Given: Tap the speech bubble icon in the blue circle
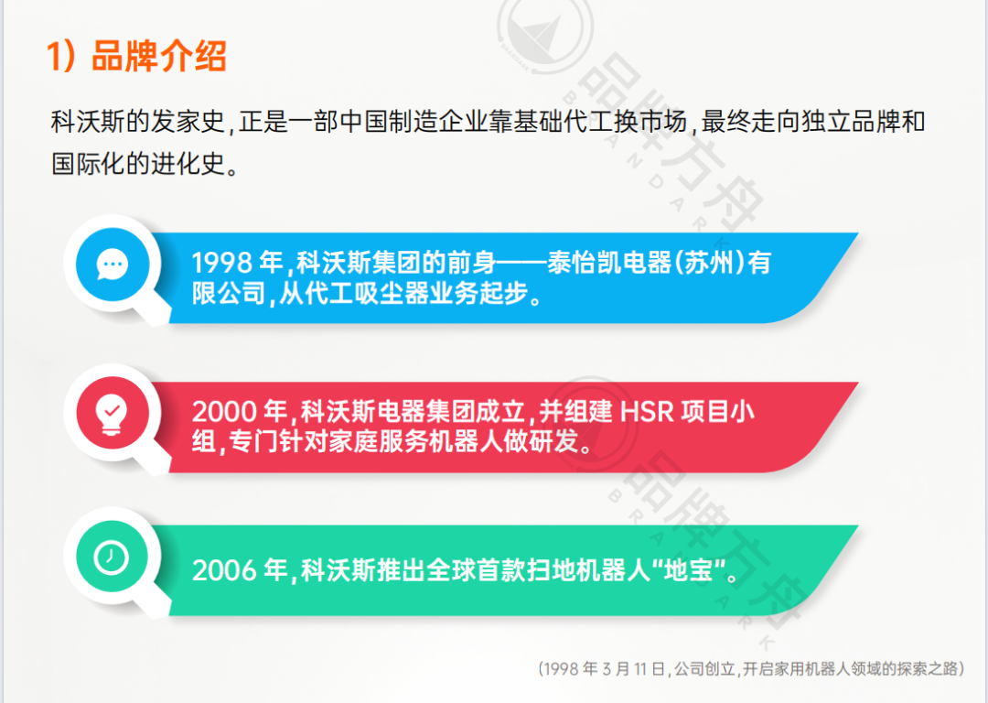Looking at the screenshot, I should coord(113,265).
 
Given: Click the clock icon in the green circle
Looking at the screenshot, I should coord(113,557).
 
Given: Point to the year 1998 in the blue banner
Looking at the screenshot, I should coord(221,264).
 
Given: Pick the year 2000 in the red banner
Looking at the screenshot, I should coord(222,412).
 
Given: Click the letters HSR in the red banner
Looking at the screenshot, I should coord(647,412).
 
